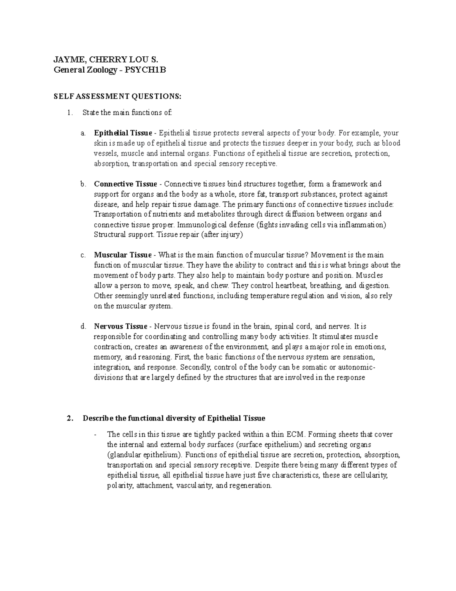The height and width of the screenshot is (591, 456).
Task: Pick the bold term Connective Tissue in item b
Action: [125, 184]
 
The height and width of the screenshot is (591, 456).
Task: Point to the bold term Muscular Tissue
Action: [123, 255]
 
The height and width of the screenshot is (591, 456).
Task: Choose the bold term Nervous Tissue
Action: [120, 327]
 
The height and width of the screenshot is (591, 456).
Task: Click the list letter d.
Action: [83, 327]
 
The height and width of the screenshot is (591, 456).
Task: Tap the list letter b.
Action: [83, 184]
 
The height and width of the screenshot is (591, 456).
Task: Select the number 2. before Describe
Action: [69, 418]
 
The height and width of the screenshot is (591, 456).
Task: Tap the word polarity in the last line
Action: [120, 486]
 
